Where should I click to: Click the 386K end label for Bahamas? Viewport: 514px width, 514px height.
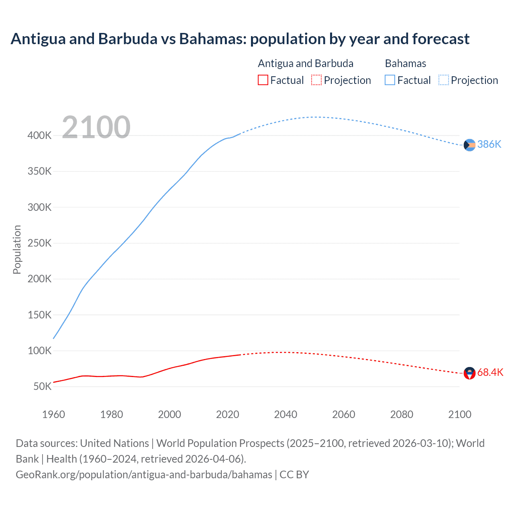coord(489,145)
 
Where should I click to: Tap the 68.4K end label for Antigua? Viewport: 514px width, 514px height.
coord(490,373)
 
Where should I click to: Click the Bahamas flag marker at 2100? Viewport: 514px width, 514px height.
coord(469,145)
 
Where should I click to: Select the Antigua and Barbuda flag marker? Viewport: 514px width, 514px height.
coord(469,373)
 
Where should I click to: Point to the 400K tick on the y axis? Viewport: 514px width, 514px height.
coord(39,136)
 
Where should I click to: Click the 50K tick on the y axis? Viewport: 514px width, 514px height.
coord(42,387)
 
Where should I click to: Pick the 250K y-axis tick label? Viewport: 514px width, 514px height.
coord(39,243)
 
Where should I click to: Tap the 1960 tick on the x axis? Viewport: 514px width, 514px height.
coord(53,414)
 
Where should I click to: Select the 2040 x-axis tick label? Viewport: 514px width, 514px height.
coord(286,414)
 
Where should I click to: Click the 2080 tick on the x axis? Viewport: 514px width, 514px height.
coord(402,414)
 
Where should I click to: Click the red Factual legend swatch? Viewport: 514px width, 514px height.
coord(263,80)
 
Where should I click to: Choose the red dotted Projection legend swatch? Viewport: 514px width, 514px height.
coord(316,80)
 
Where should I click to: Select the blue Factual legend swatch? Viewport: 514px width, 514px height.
coord(390,80)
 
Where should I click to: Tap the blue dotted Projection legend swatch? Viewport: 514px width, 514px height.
coord(444,80)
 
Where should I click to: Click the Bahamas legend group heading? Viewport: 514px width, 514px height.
coord(406,63)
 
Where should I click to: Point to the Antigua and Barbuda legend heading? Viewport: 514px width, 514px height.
coord(306,63)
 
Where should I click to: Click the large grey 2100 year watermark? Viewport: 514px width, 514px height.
coord(96,127)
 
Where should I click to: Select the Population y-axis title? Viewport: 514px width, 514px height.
coord(17,249)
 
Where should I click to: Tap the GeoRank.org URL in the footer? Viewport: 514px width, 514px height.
coord(144,475)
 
